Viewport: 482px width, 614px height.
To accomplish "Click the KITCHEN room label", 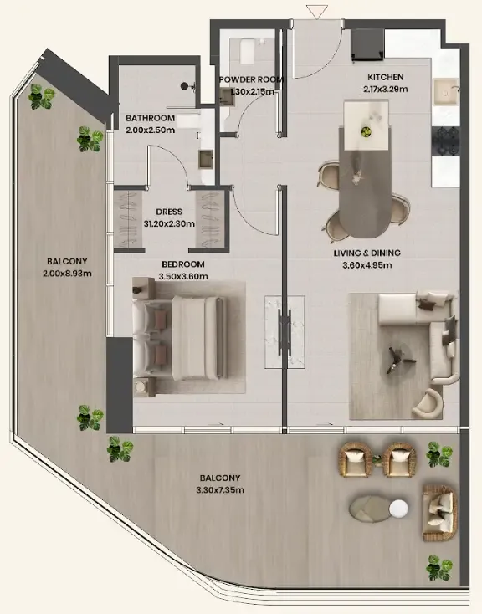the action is [x=385, y=77].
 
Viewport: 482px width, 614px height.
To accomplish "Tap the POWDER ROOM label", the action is [x=251, y=79].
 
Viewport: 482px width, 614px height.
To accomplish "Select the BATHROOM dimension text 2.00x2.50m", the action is [x=151, y=130].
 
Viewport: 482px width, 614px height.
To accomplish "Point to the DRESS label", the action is [x=169, y=212].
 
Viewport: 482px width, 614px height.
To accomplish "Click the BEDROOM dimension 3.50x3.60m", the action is [x=183, y=276].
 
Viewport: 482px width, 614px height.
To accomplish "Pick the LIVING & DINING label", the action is [x=367, y=253].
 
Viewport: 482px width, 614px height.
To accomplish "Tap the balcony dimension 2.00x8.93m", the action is [x=68, y=274].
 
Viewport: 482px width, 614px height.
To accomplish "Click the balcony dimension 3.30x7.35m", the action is [x=220, y=490].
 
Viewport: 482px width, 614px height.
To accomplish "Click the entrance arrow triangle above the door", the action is [x=316, y=12].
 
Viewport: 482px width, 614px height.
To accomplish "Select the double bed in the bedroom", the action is [x=180, y=338].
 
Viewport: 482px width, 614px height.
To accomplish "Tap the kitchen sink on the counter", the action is [x=445, y=92].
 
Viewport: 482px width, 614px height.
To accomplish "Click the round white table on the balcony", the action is [x=398, y=509].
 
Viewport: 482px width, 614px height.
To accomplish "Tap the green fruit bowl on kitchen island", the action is [x=366, y=131].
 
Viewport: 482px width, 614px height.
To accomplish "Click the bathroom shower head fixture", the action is [x=186, y=86].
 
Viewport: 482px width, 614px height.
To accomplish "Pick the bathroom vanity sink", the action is [x=206, y=160].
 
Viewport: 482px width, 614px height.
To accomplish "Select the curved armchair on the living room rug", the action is [x=427, y=403].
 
